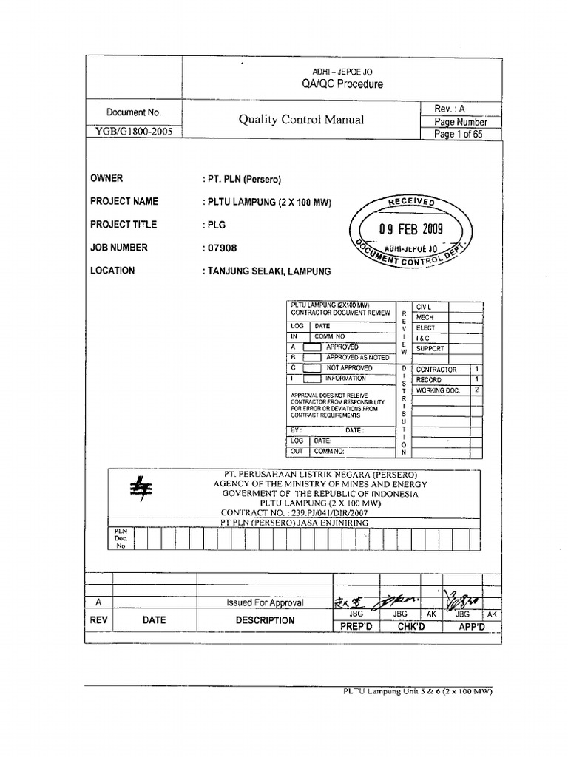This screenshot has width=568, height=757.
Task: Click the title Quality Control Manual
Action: point(301,120)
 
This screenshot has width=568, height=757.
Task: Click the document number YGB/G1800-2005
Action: point(134,134)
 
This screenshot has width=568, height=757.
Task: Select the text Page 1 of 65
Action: point(459,135)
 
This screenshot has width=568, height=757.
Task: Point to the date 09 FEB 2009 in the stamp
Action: point(410,229)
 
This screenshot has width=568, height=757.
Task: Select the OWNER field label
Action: point(106,178)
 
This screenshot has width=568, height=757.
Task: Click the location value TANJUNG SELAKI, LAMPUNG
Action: point(266,271)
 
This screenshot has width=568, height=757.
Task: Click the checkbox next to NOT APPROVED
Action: point(312,368)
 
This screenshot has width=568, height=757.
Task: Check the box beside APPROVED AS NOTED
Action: point(312,357)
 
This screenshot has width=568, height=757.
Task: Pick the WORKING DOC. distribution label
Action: point(438,390)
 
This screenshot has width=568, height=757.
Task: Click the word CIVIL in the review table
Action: point(424,306)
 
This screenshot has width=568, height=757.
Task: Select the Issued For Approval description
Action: point(265,603)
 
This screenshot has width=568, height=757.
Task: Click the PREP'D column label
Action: point(354,626)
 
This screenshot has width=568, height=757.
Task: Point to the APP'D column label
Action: point(472,626)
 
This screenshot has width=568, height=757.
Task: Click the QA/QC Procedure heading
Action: point(342,84)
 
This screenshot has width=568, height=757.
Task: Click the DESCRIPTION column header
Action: point(265,621)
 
